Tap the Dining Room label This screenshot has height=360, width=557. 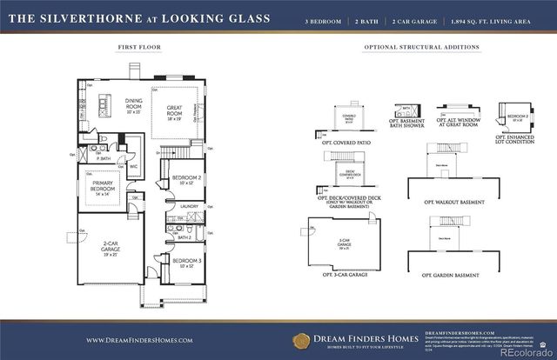(133, 106)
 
